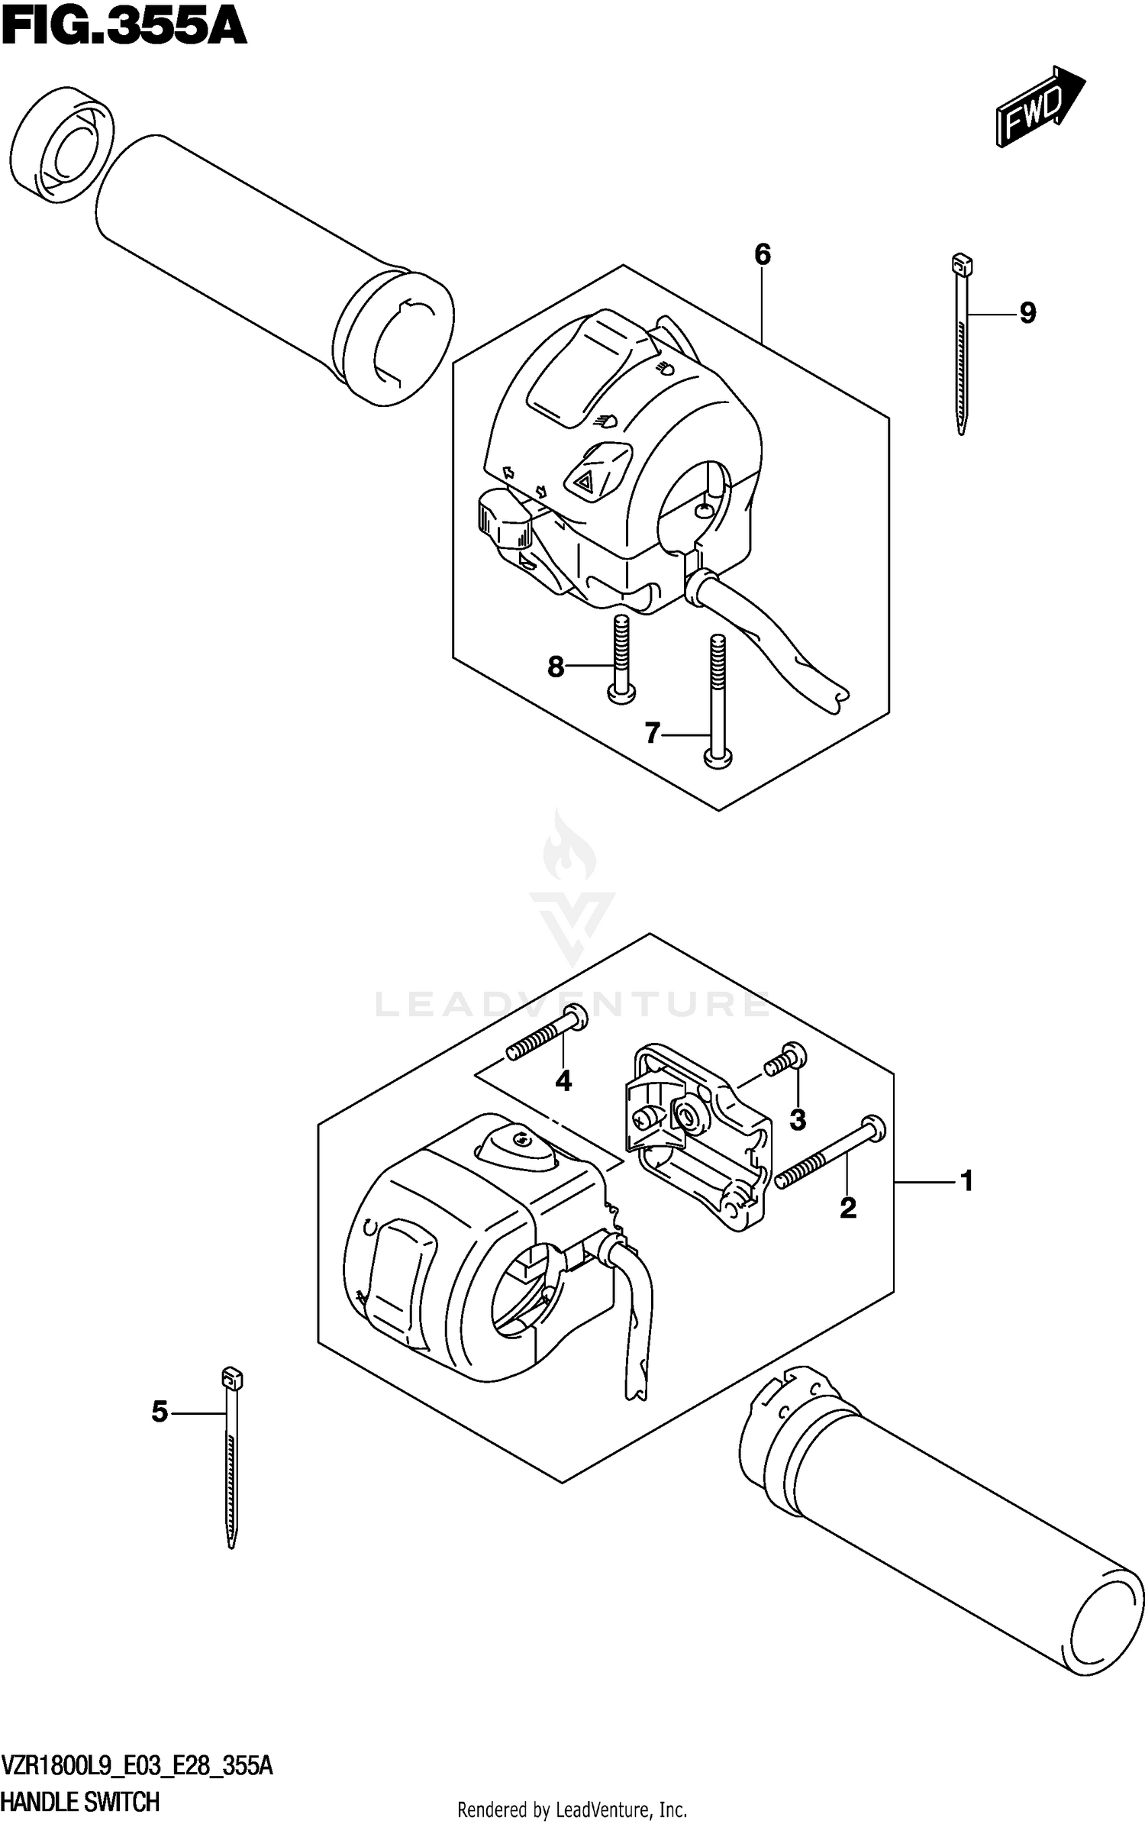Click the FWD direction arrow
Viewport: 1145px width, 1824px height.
pyautogui.click(x=1039, y=106)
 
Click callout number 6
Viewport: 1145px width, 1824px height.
pyautogui.click(x=763, y=255)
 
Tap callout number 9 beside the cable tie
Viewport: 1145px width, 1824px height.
pyautogui.click(x=1027, y=313)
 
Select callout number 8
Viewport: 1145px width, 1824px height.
pyautogui.click(x=556, y=667)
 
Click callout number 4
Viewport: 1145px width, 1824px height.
pyautogui.click(x=563, y=1081)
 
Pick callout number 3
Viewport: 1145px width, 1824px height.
pyautogui.click(x=798, y=1120)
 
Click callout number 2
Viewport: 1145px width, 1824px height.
pyautogui.click(x=848, y=1208)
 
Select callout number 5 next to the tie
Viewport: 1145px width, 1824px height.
pyautogui.click(x=160, y=1412)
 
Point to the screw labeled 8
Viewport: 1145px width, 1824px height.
pyautogui.click(x=620, y=657)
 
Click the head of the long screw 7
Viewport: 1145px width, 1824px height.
pyautogui.click(x=717, y=756)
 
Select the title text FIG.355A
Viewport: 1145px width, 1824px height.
pyautogui.click(x=124, y=29)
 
